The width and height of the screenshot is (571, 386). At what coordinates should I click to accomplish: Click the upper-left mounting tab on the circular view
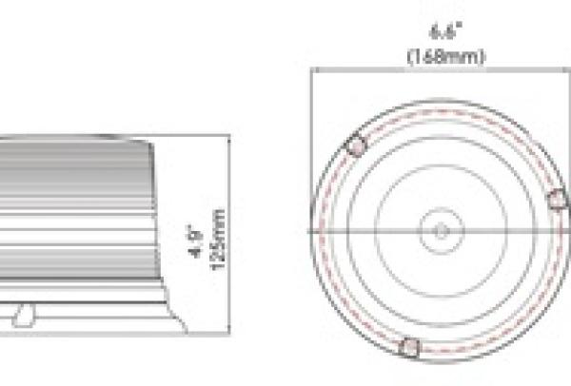pos(357,146)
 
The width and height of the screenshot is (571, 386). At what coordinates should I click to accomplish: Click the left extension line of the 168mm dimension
pos(311,114)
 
